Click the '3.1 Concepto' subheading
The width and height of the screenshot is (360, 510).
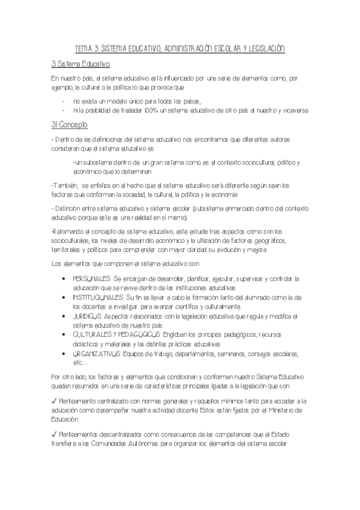[x=69, y=124]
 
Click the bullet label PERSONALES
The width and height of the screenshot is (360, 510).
[x=91, y=279]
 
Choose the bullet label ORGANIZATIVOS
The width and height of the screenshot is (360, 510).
[x=96, y=354]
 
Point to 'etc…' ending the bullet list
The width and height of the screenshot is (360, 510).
[x=80, y=363]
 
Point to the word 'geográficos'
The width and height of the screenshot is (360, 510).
[x=267, y=241]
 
